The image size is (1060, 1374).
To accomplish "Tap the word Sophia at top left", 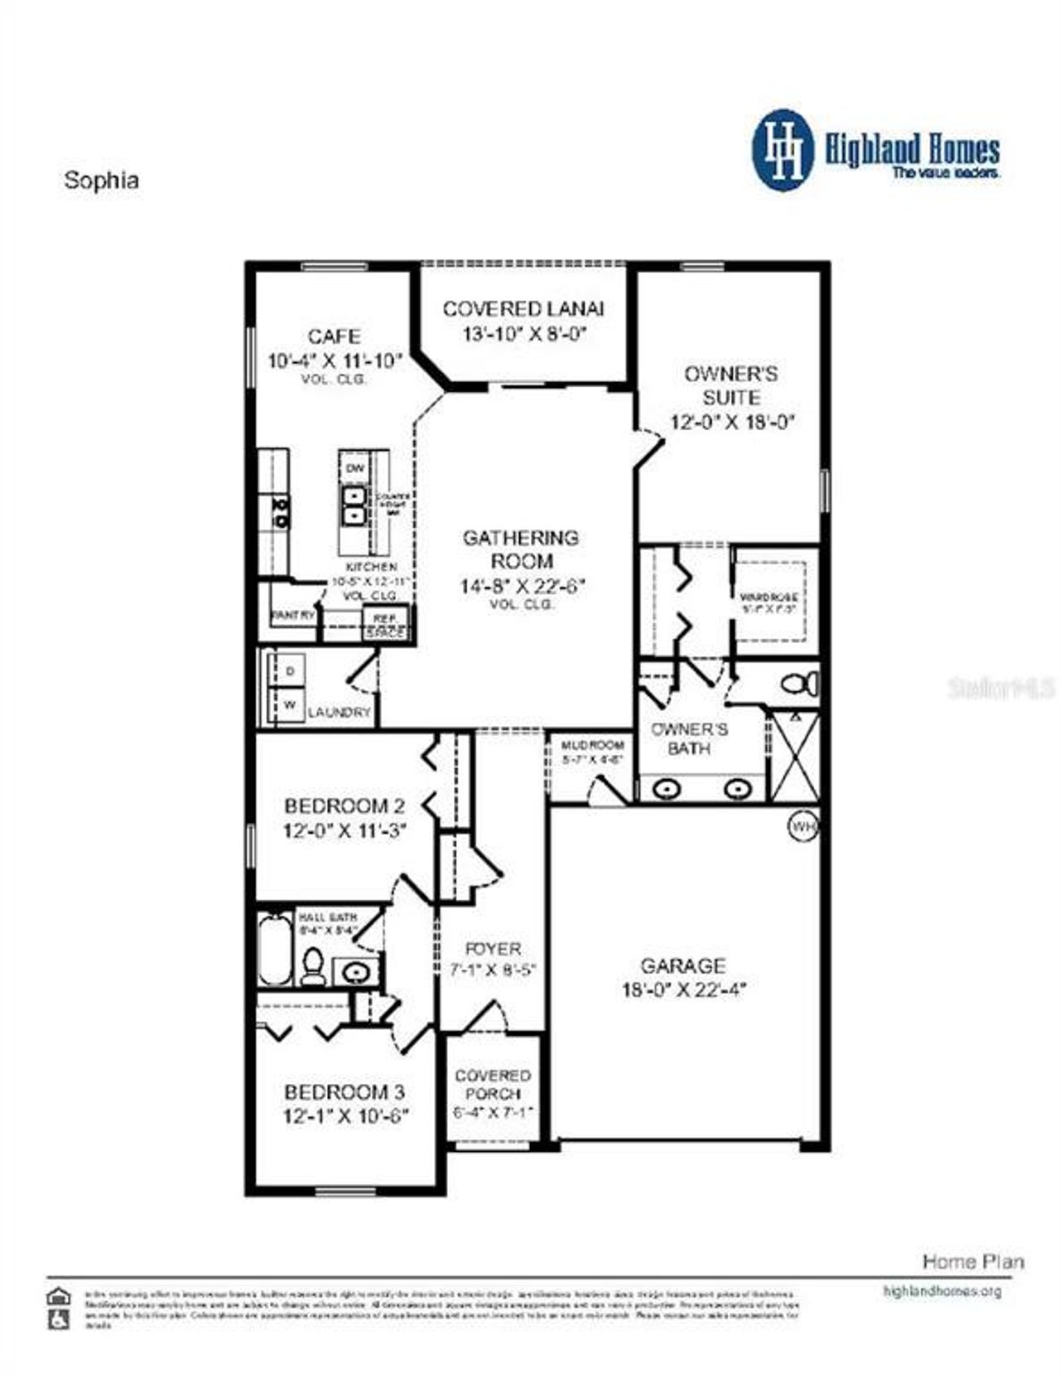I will [101, 181].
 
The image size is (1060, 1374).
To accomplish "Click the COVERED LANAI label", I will [523, 309].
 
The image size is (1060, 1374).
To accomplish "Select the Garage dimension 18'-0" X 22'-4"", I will [684, 989].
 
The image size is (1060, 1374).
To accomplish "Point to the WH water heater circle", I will [802, 826].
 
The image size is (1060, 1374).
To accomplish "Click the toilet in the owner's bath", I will [800, 685].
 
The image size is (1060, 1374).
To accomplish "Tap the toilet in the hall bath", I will [313, 965].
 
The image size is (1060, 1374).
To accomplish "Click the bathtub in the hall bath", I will [274, 950].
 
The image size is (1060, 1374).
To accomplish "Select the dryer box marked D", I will [290, 671].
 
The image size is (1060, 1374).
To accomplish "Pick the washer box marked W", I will [290, 705].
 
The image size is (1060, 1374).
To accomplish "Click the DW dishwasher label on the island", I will [354, 468].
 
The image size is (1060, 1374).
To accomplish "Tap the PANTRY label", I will [292, 616].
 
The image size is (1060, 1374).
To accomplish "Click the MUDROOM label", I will [592, 745].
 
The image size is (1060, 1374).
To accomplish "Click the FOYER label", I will [494, 949].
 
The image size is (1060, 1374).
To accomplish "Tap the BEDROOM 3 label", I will [345, 1092].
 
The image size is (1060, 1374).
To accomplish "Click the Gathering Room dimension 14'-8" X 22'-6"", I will [523, 586].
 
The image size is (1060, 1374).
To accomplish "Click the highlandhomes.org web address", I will [942, 1291].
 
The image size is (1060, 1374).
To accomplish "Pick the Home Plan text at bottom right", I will [973, 1262].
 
